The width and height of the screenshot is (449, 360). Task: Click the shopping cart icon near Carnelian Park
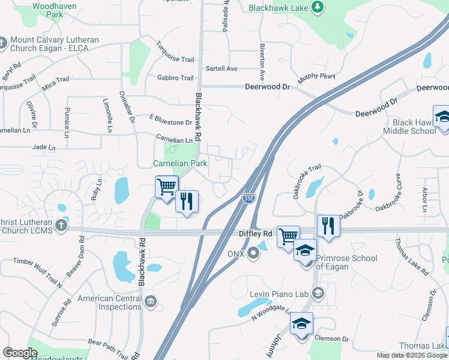(x=166, y=186)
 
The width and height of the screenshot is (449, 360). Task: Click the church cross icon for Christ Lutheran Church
(x=61, y=226)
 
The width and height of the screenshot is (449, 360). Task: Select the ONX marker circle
(x=254, y=252)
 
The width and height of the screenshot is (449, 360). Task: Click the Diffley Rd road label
(x=256, y=233)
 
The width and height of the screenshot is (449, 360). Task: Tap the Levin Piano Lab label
(x=280, y=293)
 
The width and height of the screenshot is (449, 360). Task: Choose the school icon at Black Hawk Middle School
(x=442, y=116)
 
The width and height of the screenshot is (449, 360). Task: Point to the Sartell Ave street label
(x=221, y=68)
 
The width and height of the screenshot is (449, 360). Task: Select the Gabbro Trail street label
(x=175, y=78)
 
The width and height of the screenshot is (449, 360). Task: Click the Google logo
(x=20, y=353)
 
